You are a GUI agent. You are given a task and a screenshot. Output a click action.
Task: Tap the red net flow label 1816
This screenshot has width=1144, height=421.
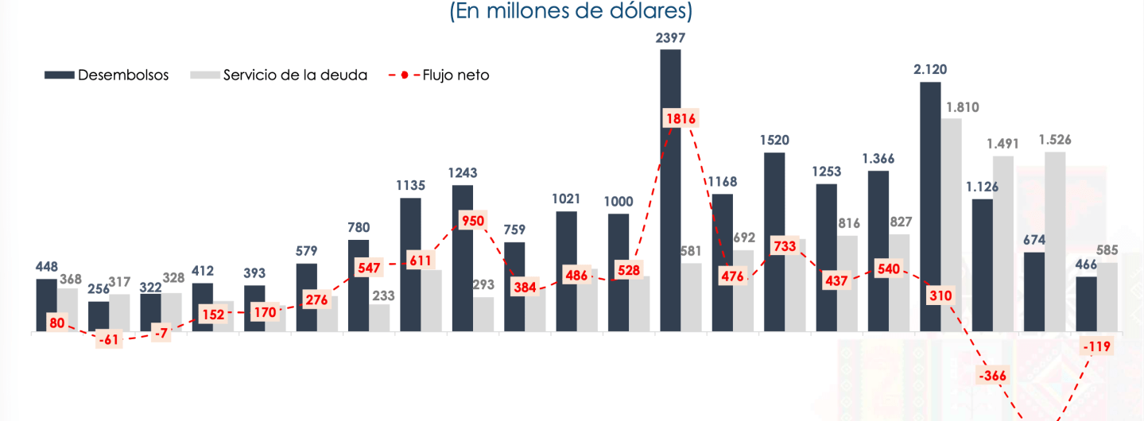(681, 119)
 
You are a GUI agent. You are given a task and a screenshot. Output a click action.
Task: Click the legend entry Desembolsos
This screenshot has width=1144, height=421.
(107, 75)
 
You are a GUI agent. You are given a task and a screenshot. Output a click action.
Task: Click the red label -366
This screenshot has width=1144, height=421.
(993, 375)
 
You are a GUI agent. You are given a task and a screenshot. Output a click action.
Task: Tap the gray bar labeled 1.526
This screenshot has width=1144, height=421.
(1055, 238)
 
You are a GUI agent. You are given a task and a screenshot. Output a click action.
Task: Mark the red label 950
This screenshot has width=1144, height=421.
(473, 220)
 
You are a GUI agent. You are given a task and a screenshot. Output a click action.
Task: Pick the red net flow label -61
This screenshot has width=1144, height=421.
(109, 341)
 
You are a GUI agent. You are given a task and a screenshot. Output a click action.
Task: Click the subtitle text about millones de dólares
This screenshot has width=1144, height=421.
(572, 12)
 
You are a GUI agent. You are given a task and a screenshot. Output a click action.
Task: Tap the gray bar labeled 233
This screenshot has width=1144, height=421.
(379, 318)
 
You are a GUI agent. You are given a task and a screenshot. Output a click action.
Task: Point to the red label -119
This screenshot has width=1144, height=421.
(1096, 346)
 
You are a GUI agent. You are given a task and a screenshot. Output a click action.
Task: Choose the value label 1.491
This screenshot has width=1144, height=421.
(1002, 144)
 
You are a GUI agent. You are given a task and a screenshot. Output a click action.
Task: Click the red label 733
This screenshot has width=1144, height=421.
(785, 246)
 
